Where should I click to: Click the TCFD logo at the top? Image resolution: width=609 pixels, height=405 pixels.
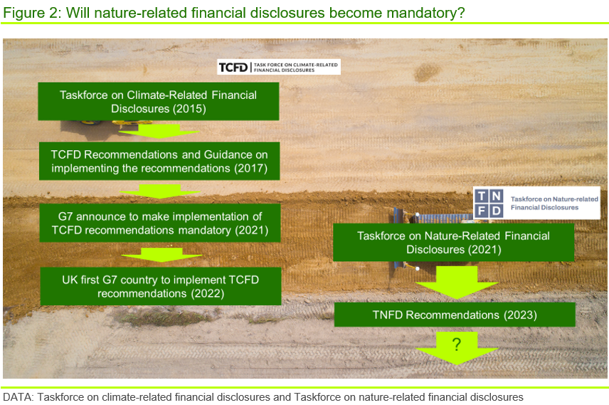pyautogui.click(x=279, y=67)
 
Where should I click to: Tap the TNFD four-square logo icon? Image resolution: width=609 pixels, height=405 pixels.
pyautogui.click(x=489, y=203)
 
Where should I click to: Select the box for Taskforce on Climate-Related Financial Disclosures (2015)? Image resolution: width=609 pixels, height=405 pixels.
pyautogui.click(x=159, y=101)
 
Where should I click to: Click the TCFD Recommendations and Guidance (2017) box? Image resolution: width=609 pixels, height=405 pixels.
pyautogui.click(x=159, y=161)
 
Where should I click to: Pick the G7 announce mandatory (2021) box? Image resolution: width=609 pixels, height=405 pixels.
pyautogui.click(x=160, y=223)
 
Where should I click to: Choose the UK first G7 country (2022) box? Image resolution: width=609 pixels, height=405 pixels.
pyautogui.click(x=161, y=286)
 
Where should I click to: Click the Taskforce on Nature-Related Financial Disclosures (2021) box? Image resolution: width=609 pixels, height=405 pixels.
pyautogui.click(x=454, y=242)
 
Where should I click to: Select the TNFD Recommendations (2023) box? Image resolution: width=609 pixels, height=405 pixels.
pyautogui.click(x=455, y=315)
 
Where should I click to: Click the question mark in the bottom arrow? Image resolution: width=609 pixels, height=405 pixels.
pyautogui.click(x=457, y=344)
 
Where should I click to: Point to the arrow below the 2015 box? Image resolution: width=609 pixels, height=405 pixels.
pyautogui.click(x=159, y=132)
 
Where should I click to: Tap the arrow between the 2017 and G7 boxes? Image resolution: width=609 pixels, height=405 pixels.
pyautogui.click(x=160, y=191)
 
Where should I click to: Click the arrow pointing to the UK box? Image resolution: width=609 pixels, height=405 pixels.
pyautogui.click(x=161, y=255)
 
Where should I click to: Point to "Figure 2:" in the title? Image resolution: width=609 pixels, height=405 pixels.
pyautogui.click(x=32, y=13)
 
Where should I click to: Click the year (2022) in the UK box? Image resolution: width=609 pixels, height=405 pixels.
pyautogui.click(x=208, y=293)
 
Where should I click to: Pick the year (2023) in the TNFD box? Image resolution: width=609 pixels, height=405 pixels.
pyautogui.click(x=521, y=315)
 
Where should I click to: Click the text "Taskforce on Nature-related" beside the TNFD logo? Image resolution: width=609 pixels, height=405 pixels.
pyautogui.click(x=554, y=199)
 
